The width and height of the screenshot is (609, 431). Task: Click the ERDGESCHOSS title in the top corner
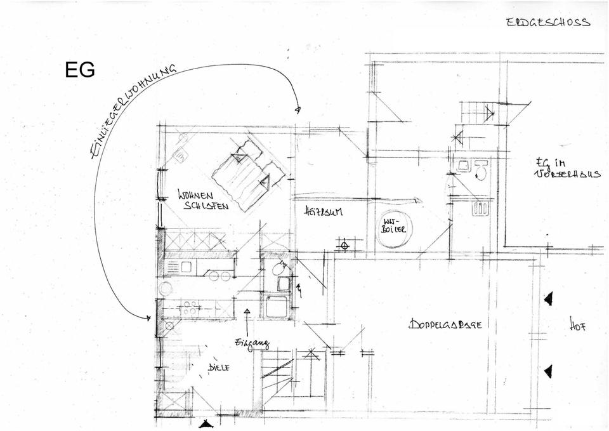tap(548, 22)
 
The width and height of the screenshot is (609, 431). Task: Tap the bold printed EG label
tap(80, 70)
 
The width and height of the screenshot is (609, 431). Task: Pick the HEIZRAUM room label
tap(324, 211)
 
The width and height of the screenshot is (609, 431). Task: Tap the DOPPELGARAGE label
tap(445, 324)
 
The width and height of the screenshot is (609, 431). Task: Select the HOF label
tap(577, 328)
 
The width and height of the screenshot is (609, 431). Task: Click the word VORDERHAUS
tap(567, 173)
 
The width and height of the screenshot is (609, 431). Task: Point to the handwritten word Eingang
tap(252, 343)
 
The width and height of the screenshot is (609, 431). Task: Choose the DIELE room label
tap(219, 368)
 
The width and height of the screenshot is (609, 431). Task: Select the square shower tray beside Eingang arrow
tap(277, 307)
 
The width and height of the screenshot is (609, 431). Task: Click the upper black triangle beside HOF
tap(548, 298)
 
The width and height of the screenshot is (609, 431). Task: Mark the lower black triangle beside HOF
tap(548, 371)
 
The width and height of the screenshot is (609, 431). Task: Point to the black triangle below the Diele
tap(204, 424)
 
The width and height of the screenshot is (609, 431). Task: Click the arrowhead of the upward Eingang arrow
tap(247, 311)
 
